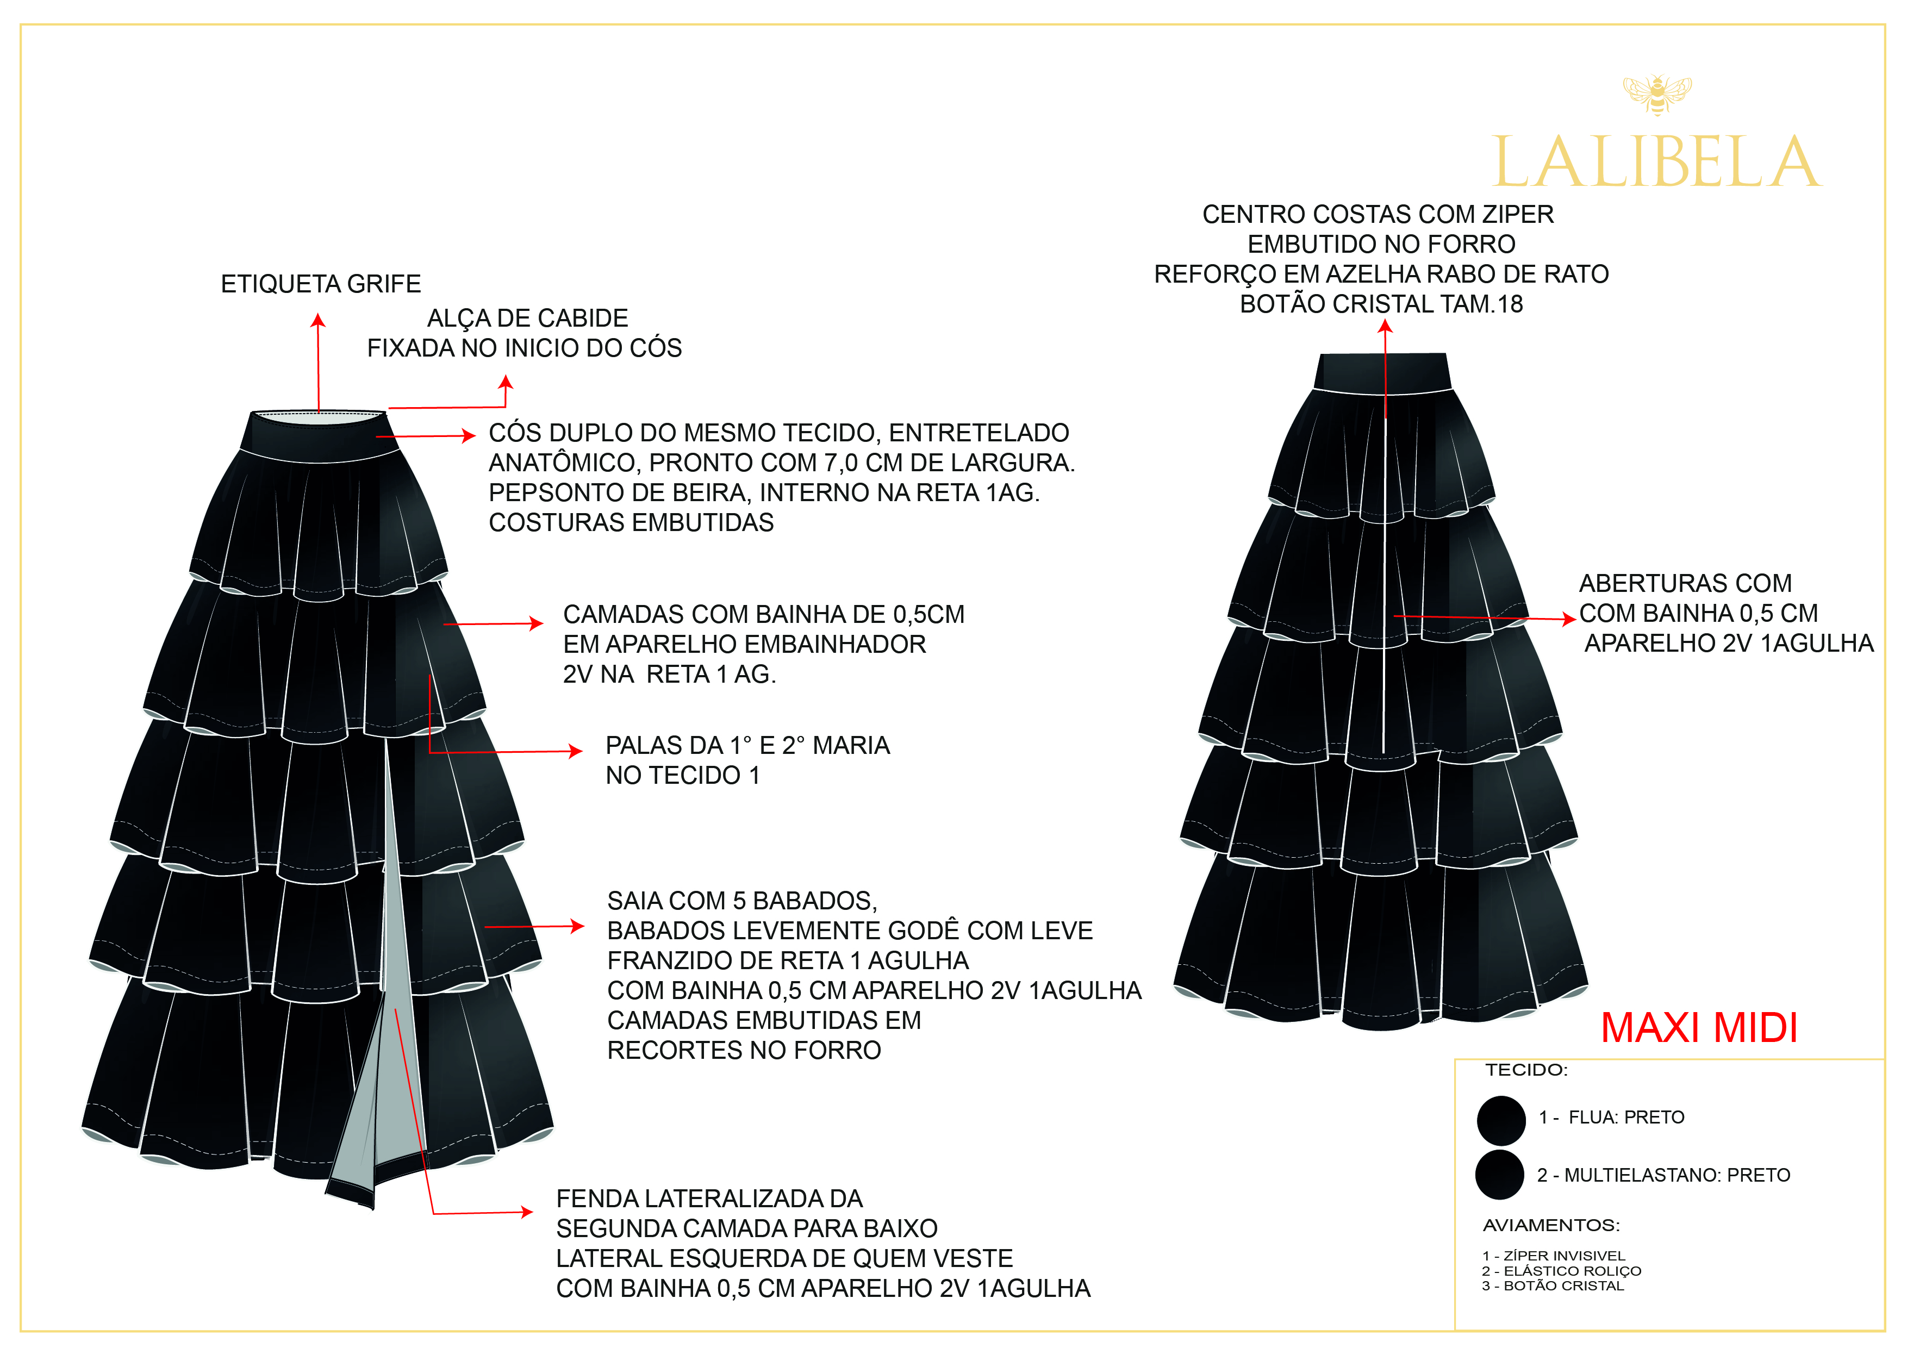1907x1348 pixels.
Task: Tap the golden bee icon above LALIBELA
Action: click(1657, 93)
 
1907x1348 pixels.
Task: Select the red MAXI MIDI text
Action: click(1699, 1028)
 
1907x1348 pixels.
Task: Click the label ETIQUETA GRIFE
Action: click(321, 284)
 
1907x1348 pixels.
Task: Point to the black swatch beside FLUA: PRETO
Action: click(1501, 1120)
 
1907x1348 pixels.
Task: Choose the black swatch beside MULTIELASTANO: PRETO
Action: click(1499, 1175)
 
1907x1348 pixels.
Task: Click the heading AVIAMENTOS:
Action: click(1551, 1225)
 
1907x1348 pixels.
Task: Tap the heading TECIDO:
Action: click(1526, 1070)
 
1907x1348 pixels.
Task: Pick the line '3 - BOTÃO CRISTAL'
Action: click(1553, 1285)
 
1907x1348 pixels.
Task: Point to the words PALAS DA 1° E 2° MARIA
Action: click(747, 745)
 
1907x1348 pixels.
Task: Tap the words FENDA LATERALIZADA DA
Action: click(709, 1199)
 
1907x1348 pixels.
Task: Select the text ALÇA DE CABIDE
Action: click(527, 318)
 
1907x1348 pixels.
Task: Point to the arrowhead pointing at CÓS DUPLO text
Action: click(469, 435)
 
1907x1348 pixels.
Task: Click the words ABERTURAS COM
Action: click(1685, 583)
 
